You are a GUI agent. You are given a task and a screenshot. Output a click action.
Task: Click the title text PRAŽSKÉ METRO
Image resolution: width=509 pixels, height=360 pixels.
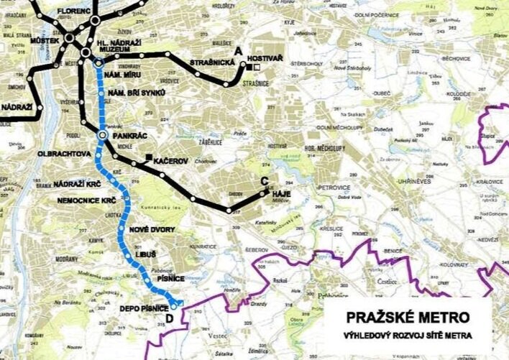coord(408,317)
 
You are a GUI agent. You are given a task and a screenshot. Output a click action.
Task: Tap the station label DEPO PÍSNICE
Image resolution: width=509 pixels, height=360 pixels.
coord(143,308)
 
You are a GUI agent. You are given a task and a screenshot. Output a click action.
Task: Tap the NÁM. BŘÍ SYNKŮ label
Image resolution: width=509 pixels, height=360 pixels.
coord(139,94)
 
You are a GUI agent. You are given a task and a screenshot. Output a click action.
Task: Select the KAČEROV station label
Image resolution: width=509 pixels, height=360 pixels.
coord(171,161)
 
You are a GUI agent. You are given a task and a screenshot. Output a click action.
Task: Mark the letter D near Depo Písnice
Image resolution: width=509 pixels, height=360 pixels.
coord(169,318)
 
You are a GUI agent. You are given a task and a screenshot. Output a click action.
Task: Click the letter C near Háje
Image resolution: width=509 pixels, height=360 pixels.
coord(265,181)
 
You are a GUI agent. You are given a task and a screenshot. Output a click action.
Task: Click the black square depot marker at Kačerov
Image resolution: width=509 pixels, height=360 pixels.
coord(147,157)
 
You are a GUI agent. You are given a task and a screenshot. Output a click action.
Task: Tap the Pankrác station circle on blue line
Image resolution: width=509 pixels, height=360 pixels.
coord(102,135)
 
